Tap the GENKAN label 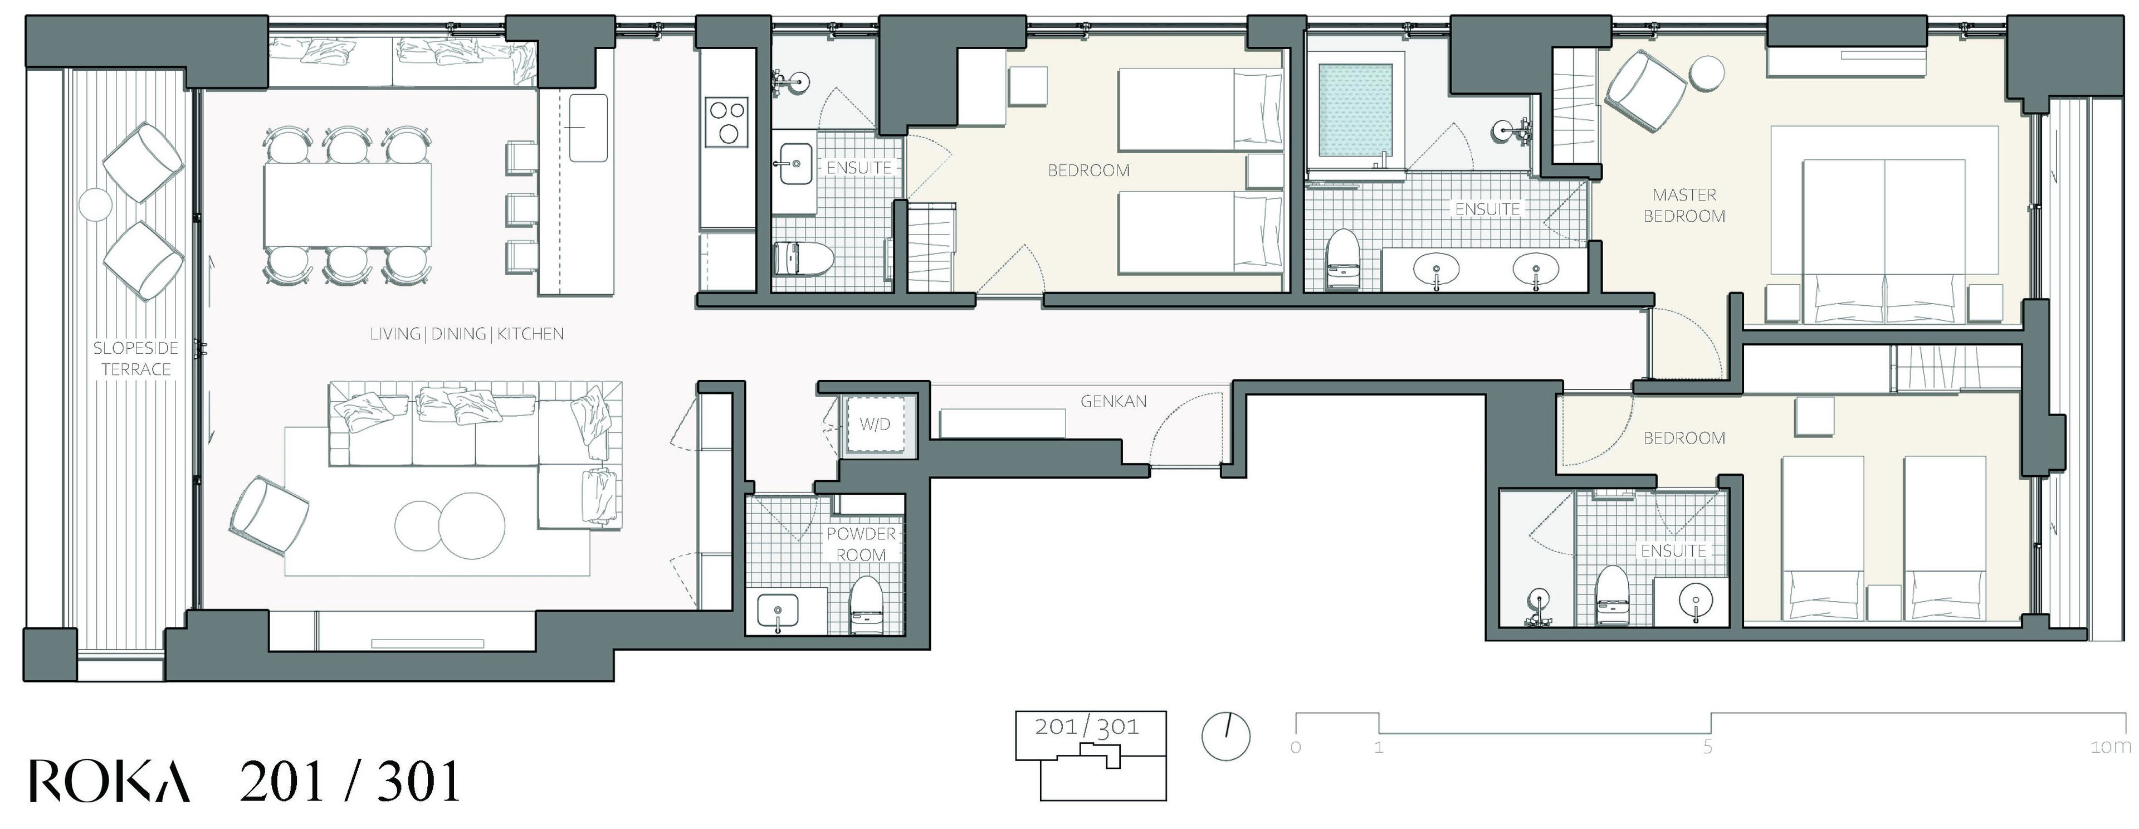point(1113,401)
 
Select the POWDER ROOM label point(861,544)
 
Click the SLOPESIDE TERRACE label point(135,359)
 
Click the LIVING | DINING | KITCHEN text point(467,334)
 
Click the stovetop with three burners point(726,122)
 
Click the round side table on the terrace point(96,204)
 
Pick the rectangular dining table point(349,204)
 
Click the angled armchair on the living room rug point(269,516)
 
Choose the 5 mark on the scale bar point(1707,747)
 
